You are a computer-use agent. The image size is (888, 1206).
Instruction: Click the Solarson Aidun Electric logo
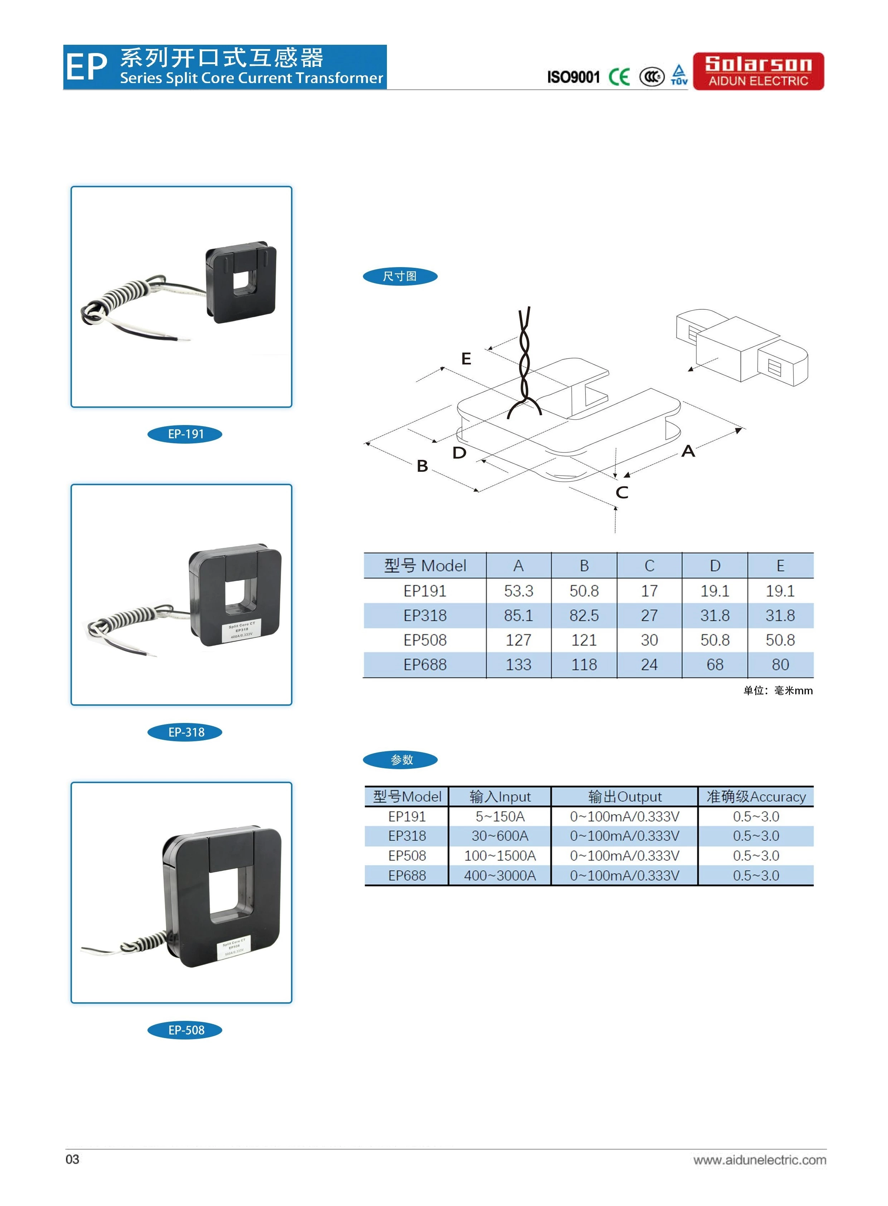tap(758, 71)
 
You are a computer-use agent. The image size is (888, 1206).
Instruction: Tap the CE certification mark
tap(619, 77)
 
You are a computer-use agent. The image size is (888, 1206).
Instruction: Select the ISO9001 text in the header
tap(573, 77)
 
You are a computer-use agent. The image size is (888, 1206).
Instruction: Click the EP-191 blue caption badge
tap(185, 434)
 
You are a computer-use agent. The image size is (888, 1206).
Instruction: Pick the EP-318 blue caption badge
tap(185, 732)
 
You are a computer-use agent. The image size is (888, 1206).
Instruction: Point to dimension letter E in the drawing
tap(466, 359)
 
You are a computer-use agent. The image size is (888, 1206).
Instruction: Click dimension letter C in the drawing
tap(622, 492)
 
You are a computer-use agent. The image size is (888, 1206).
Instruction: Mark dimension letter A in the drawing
tap(688, 451)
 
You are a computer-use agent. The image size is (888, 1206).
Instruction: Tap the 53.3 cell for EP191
tap(518, 591)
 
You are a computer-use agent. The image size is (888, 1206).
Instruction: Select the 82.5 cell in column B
tap(584, 616)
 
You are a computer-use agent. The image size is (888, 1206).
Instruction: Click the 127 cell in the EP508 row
tap(518, 640)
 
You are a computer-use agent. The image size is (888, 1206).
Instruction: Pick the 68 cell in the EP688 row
tap(714, 665)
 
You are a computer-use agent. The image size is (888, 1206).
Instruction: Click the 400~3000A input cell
tap(500, 875)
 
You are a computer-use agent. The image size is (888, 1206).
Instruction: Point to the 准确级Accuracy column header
tap(756, 796)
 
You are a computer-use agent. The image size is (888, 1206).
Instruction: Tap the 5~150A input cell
tap(500, 816)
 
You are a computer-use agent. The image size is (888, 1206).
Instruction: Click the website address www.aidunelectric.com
tap(760, 1160)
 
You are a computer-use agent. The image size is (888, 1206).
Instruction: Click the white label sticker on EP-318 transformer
tap(241, 630)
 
